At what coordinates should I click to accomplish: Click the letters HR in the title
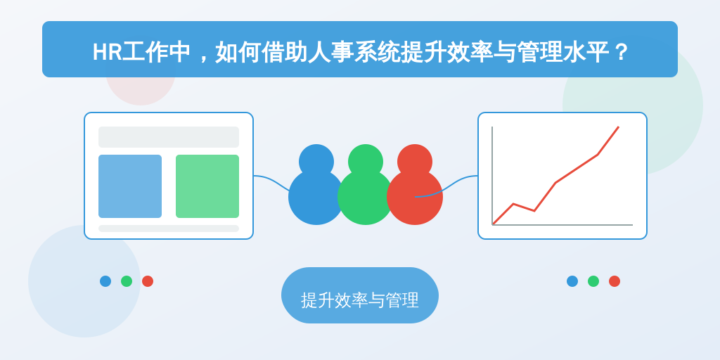coord(107,52)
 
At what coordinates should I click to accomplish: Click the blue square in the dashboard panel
coord(130,186)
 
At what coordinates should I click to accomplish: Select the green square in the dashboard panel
coord(207,186)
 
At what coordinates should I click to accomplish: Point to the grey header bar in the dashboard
coord(169,137)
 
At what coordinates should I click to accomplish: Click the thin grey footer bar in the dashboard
coord(169,229)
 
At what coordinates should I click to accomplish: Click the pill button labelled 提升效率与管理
coord(360,295)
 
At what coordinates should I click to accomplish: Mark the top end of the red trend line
coord(619,127)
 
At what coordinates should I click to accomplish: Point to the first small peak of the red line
coord(513,204)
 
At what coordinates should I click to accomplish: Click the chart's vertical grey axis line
coord(492,175)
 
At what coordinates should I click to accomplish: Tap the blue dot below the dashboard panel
coord(105,281)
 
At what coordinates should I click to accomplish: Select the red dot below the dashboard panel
coord(148,281)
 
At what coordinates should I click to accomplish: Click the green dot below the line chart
coord(593,281)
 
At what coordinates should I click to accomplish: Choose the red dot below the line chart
coord(615,281)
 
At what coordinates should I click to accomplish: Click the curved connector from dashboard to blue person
coord(272,181)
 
